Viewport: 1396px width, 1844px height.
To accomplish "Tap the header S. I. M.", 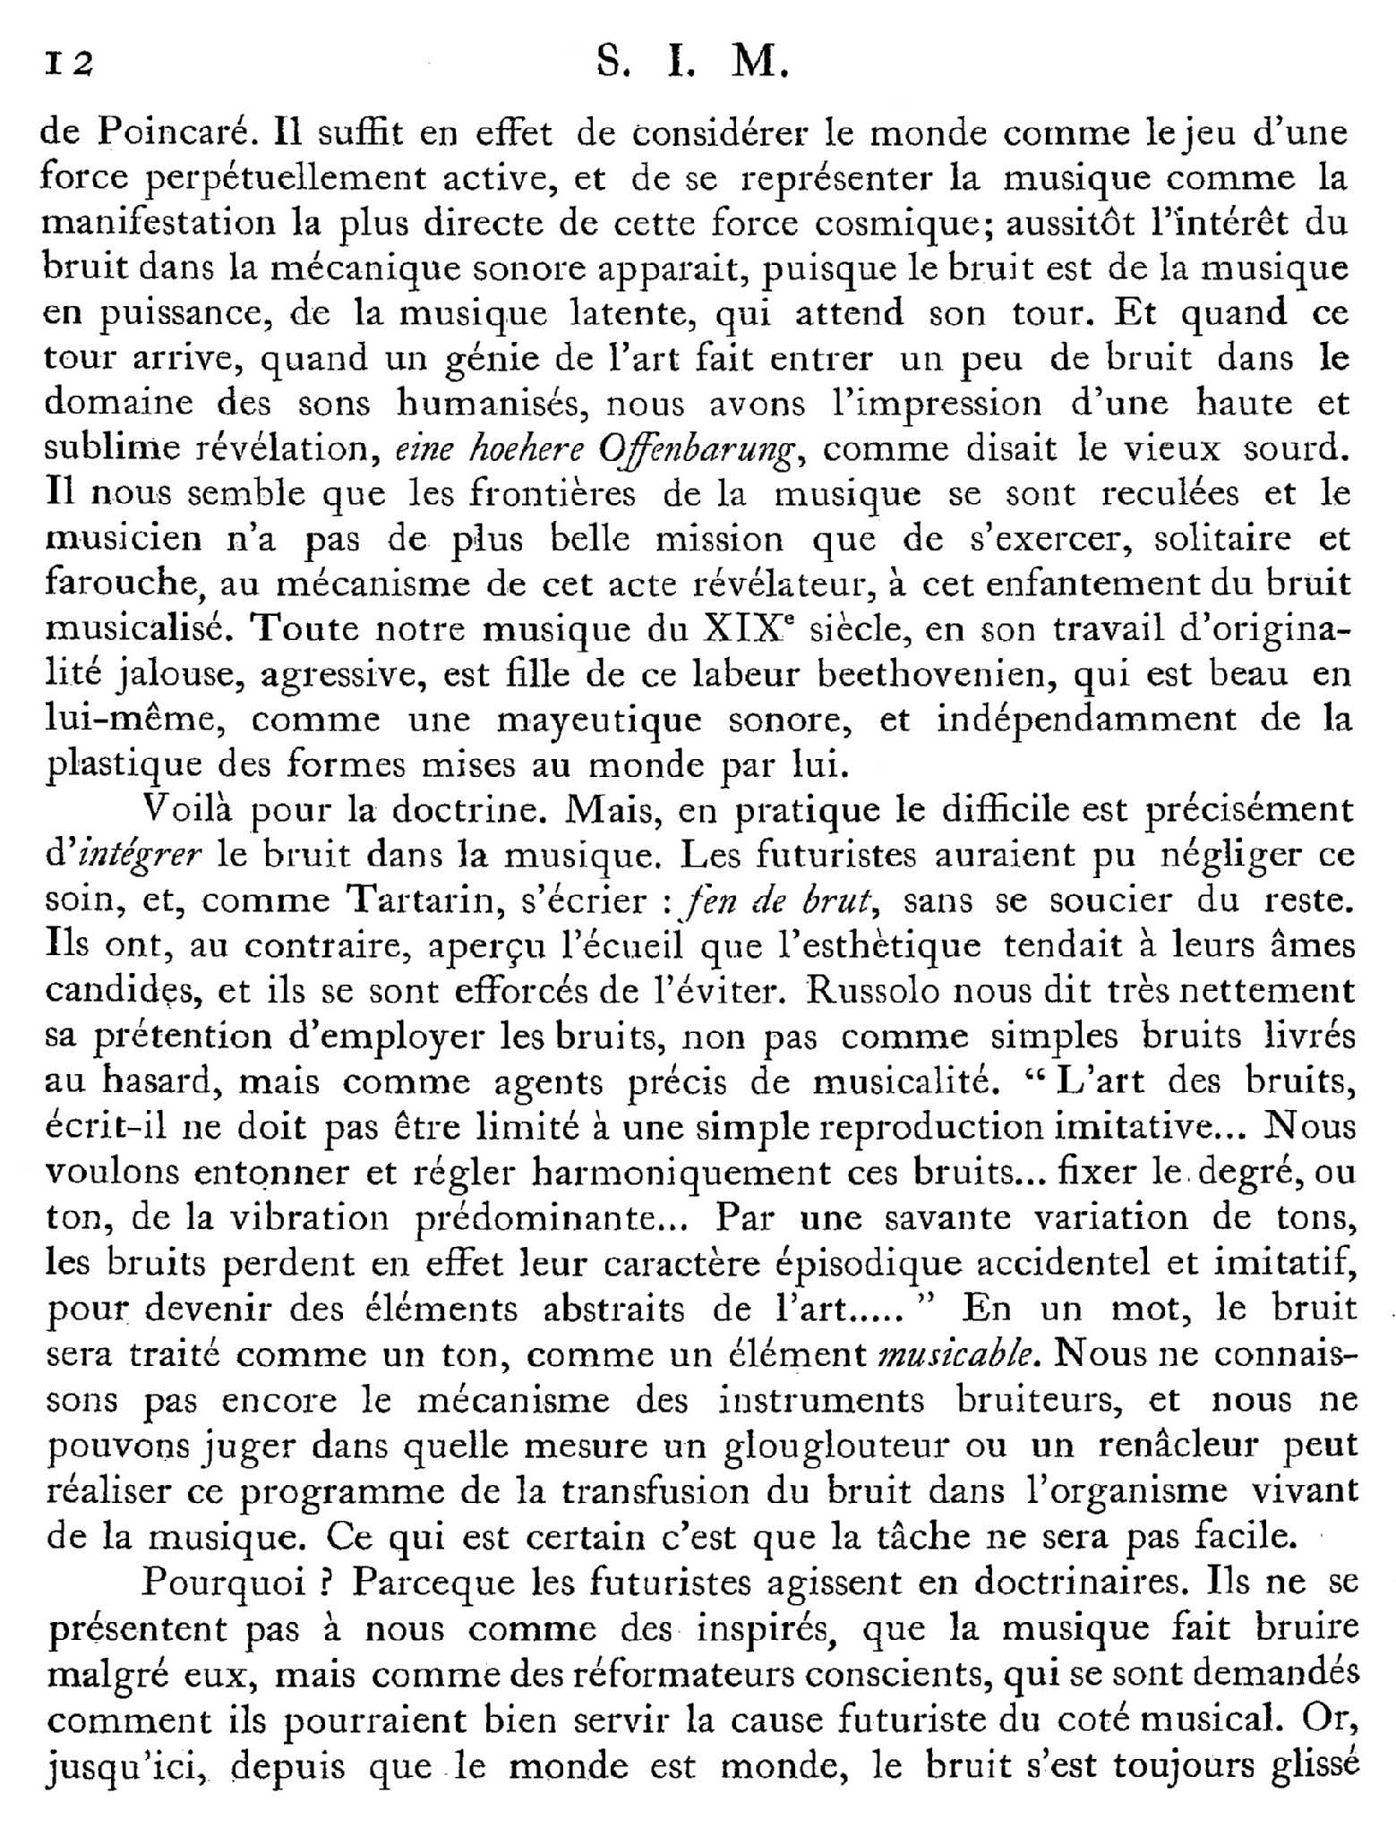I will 689,64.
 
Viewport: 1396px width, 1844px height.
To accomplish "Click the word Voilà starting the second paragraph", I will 187,810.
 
